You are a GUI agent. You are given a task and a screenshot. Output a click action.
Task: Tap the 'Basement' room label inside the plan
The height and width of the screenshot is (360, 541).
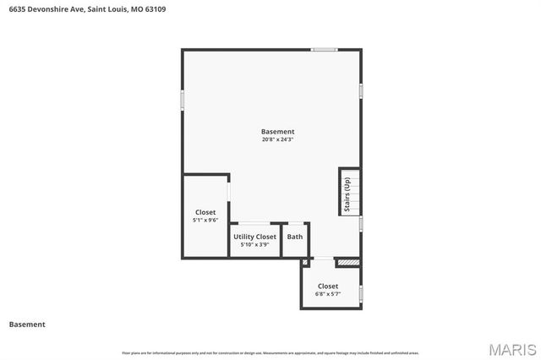[x=277, y=132]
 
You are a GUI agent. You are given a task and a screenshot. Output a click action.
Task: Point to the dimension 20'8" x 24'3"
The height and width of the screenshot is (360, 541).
[x=277, y=140]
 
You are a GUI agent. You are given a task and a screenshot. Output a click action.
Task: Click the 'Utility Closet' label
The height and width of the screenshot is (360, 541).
[x=254, y=237]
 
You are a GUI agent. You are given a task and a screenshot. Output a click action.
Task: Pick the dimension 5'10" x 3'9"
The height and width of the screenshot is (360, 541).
[x=254, y=245]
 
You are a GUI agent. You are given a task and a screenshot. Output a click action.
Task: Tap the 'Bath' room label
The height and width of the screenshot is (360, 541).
[x=294, y=237]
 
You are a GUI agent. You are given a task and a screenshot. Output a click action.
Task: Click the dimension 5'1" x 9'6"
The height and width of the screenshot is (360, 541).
[x=205, y=221]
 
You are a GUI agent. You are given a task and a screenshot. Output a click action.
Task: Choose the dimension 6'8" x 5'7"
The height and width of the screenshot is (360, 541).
[x=327, y=295]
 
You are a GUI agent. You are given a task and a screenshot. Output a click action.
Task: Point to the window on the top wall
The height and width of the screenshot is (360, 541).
[x=325, y=50]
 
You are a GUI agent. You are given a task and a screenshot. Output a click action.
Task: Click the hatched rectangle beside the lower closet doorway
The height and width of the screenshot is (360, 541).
[x=347, y=263]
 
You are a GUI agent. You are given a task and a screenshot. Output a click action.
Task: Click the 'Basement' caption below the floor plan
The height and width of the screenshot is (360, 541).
[x=27, y=325]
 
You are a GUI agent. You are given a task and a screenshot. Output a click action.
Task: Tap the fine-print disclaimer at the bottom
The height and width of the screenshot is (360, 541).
[x=270, y=352]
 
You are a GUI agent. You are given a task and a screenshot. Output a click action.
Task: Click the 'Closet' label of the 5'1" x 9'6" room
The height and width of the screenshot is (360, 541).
[x=205, y=212]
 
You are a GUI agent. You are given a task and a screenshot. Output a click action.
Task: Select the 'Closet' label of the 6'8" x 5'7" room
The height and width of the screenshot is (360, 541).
[x=328, y=286]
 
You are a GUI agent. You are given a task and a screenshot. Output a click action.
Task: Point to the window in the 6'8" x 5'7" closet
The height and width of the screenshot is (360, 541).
[x=361, y=294]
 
